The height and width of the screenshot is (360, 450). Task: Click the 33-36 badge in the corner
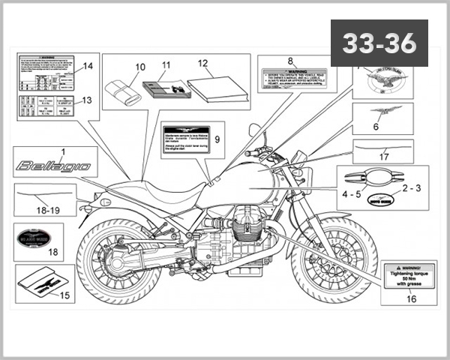[x=379, y=43]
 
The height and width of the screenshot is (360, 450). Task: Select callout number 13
[x=86, y=100]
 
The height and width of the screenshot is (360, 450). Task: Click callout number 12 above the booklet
[x=202, y=64]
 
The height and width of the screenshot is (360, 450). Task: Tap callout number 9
[x=217, y=139]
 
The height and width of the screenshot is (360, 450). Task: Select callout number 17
[x=384, y=157]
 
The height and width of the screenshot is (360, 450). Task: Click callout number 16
[x=411, y=298]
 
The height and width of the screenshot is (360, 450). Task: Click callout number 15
[x=64, y=295]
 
